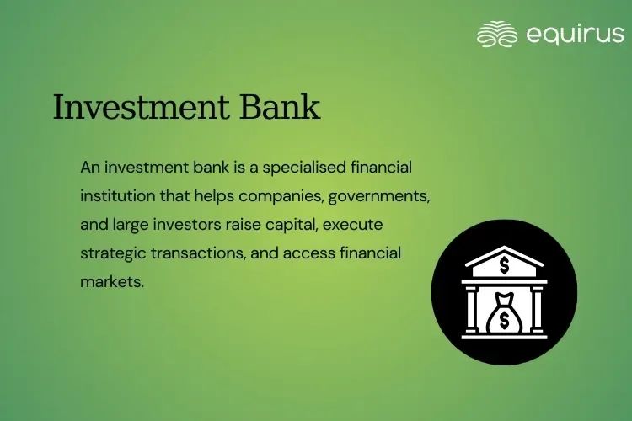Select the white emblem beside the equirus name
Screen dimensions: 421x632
(496, 34)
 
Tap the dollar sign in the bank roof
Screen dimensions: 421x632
(504, 267)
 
